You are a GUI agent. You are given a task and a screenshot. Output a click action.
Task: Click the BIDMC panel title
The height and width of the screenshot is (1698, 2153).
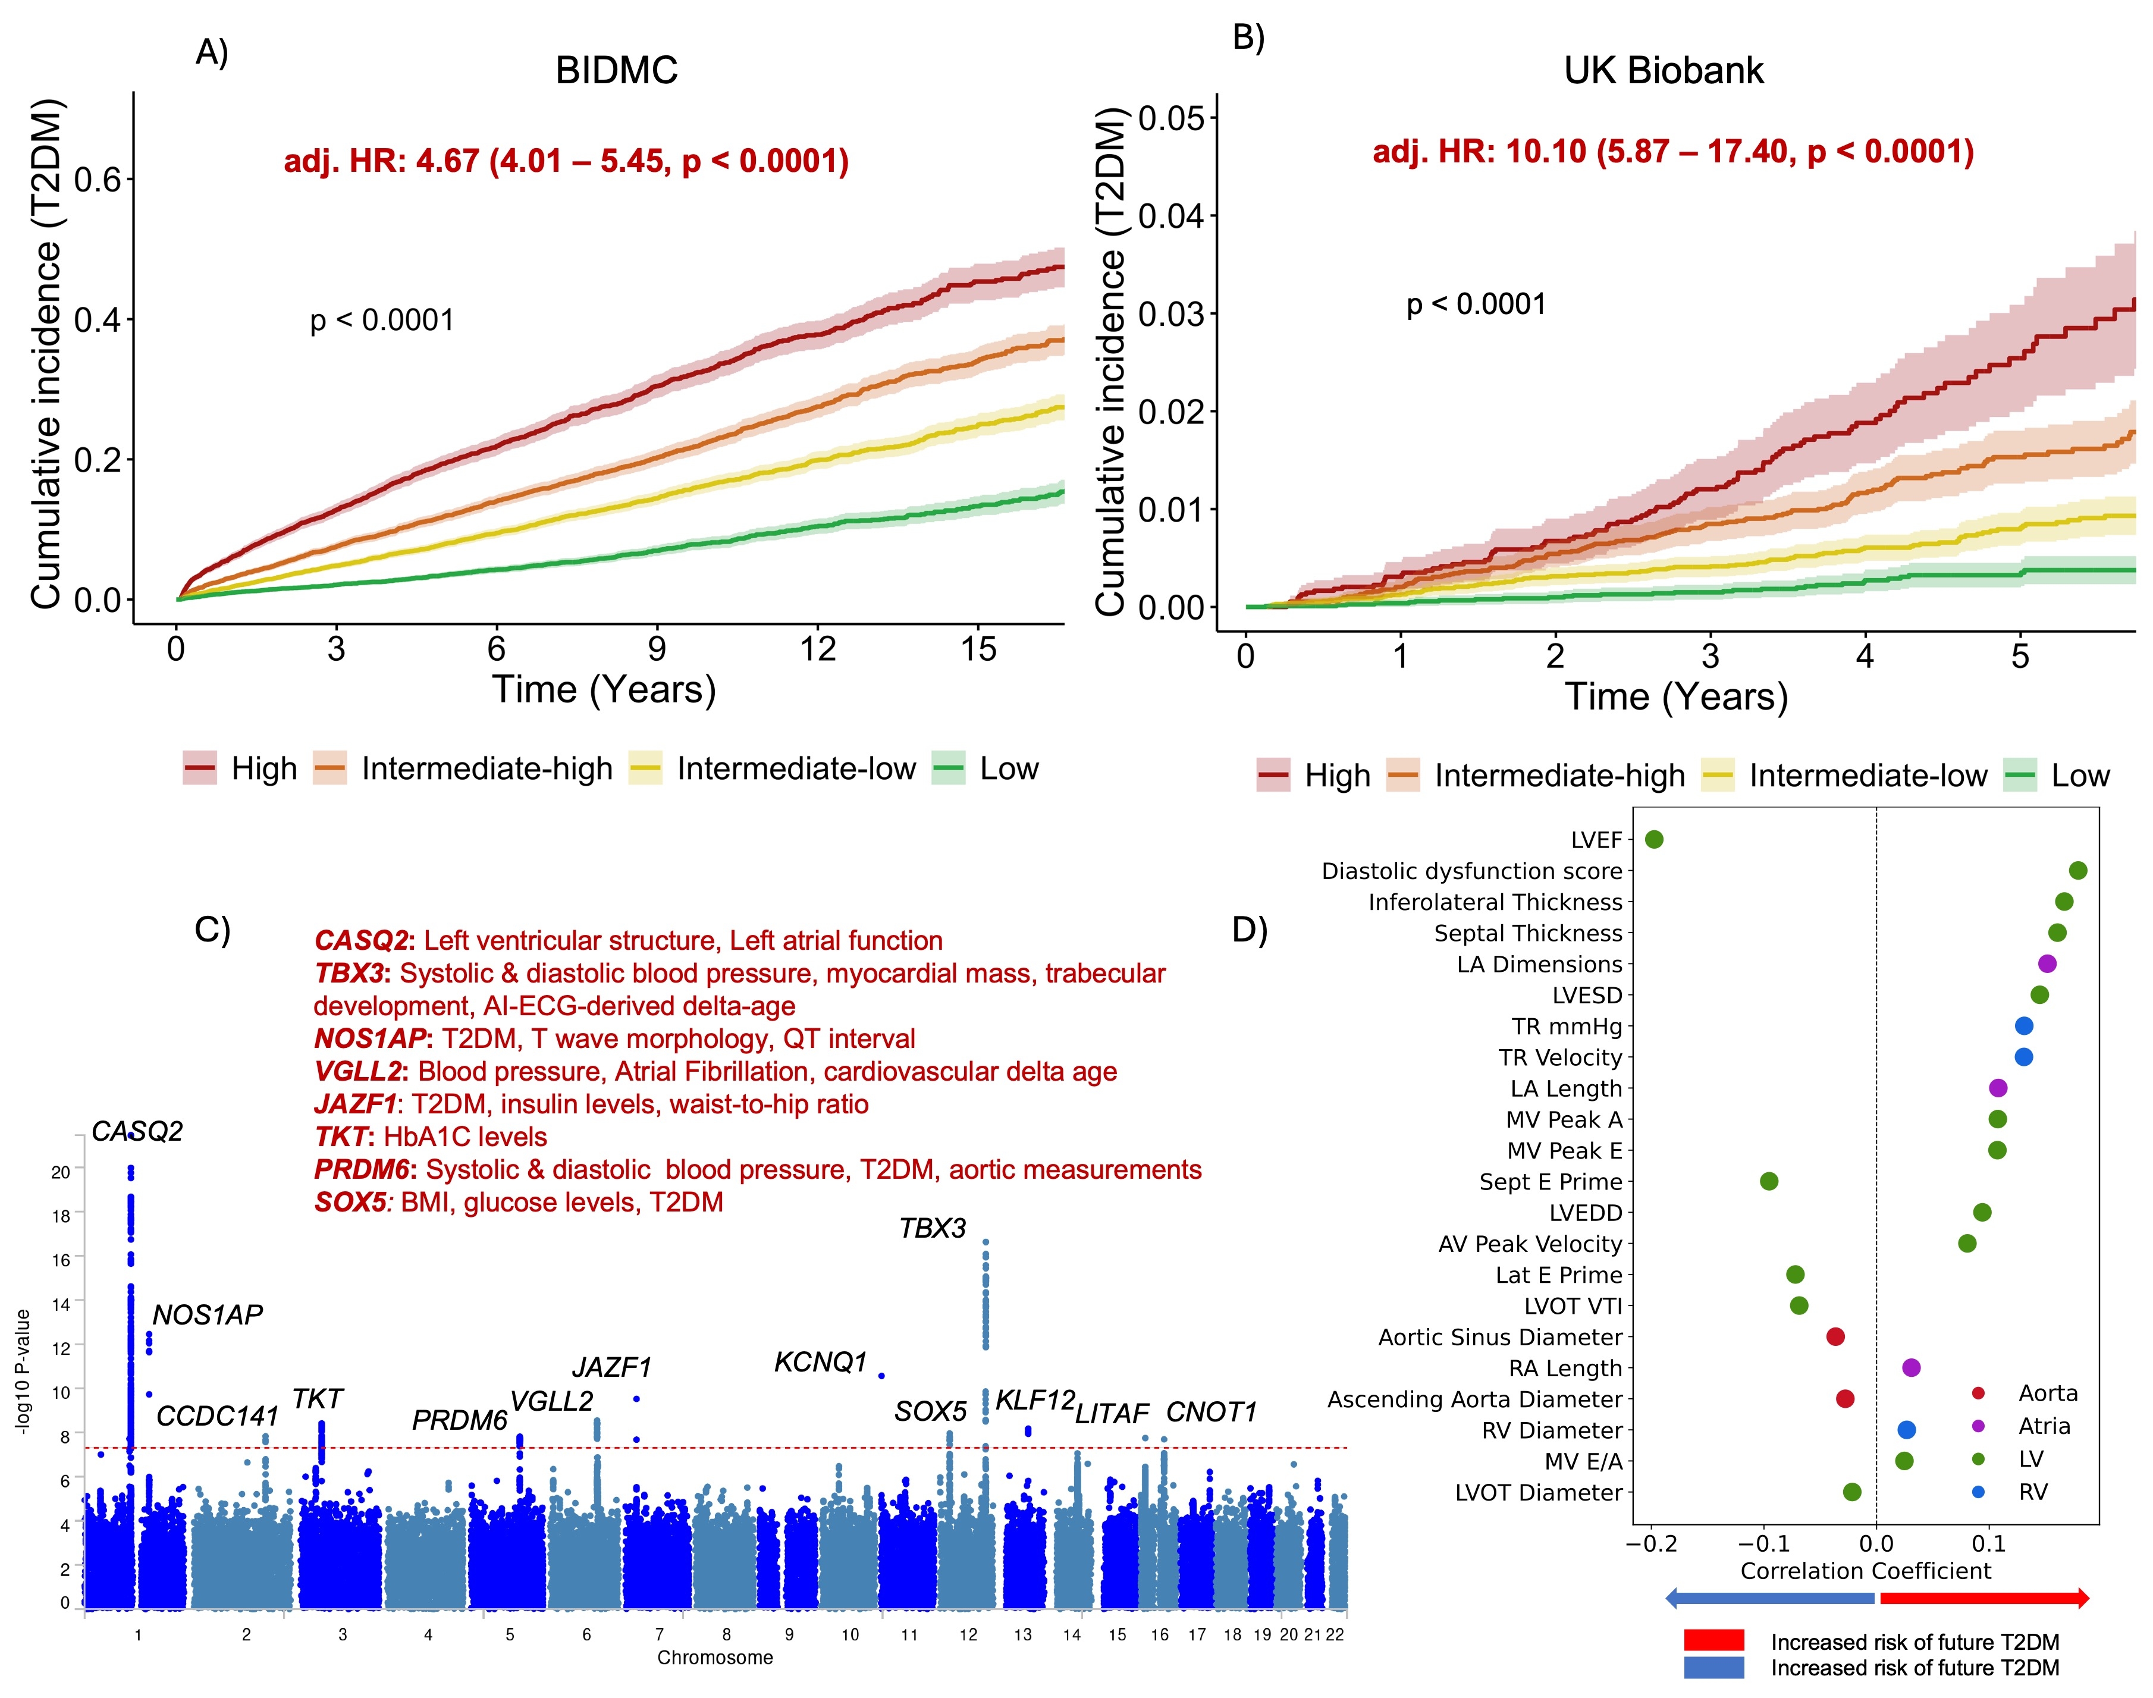pos(616,71)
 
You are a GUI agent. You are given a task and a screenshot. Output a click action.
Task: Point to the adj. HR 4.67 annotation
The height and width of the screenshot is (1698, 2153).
pos(566,161)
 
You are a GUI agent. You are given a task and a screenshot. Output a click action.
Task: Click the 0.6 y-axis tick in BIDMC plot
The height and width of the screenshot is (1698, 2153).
pos(98,180)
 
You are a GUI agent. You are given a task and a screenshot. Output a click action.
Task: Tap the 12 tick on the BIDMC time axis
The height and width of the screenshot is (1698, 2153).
pos(817,649)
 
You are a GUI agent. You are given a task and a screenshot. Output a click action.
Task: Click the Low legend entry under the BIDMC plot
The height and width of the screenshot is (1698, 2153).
pos(1008,768)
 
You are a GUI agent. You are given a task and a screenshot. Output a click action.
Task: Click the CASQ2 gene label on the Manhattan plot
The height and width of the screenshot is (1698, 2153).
pos(137,1131)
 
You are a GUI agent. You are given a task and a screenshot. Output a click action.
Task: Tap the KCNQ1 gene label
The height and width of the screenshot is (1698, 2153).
pos(820,1362)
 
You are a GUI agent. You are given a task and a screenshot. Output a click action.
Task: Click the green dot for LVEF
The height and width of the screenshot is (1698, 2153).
pos(1654,840)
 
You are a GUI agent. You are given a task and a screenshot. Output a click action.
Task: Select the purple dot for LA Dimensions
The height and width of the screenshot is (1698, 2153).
pos(2047,963)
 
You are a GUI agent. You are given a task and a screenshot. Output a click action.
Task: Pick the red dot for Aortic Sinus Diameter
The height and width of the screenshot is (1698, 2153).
pos(1836,1337)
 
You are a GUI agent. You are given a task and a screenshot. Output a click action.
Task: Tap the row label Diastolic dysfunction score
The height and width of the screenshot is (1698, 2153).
pos(1471,871)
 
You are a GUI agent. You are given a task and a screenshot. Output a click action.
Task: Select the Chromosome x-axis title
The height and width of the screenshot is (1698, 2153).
pos(715,1657)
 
